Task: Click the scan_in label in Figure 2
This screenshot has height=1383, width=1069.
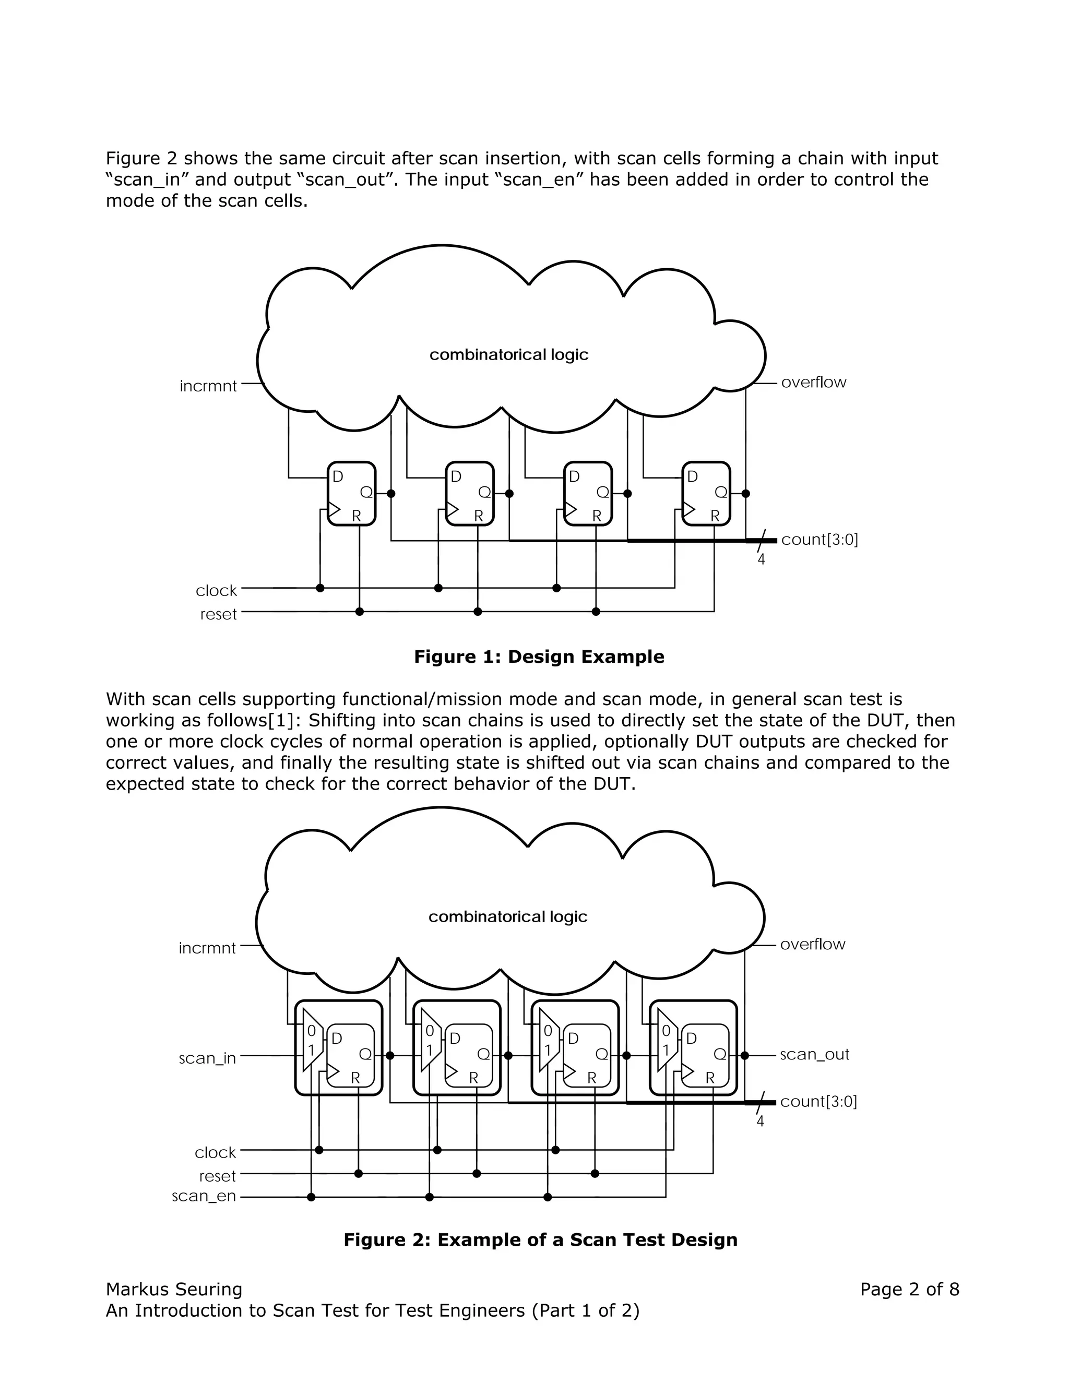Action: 207,1058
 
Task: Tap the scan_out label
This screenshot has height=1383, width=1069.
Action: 814,1054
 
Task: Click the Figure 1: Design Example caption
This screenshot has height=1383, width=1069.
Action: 539,657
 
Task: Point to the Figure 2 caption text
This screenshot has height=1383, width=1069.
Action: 540,1240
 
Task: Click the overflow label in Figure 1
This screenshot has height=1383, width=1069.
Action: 813,383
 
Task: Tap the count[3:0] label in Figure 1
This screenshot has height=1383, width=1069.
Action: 819,540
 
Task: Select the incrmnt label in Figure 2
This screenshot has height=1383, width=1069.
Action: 207,948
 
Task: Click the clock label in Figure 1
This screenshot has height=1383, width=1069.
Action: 216,591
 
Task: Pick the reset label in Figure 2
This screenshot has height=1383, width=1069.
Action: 217,1176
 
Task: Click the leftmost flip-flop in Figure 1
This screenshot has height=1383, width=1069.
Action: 351,494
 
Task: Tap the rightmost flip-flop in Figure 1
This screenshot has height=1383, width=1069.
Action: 706,494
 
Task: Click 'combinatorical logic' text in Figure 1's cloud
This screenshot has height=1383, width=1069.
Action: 508,354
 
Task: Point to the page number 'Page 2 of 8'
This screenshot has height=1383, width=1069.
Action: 909,1289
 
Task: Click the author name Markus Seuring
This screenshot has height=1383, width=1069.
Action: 174,1289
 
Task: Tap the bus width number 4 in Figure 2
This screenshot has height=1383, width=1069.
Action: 760,1122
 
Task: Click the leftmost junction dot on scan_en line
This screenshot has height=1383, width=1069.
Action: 311,1197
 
